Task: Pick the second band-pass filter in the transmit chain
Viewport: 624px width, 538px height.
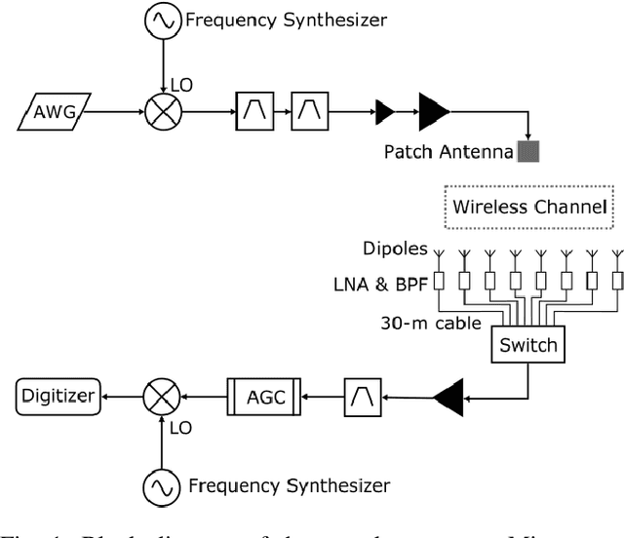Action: [x=311, y=114]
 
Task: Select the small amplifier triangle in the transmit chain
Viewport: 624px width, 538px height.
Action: [x=384, y=114]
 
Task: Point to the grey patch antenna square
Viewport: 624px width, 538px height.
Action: [x=528, y=151]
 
